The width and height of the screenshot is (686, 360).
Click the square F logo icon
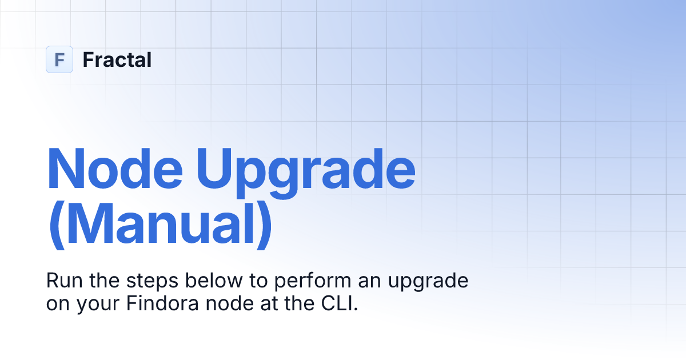coord(59,59)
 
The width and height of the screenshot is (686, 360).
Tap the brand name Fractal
coord(117,59)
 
